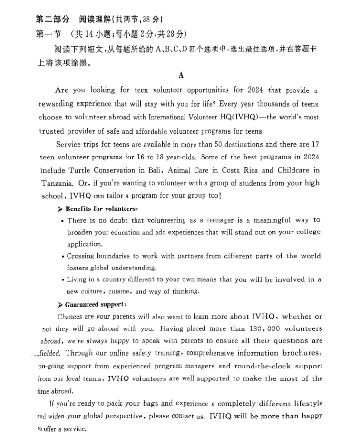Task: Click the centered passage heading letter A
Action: [181, 75]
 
